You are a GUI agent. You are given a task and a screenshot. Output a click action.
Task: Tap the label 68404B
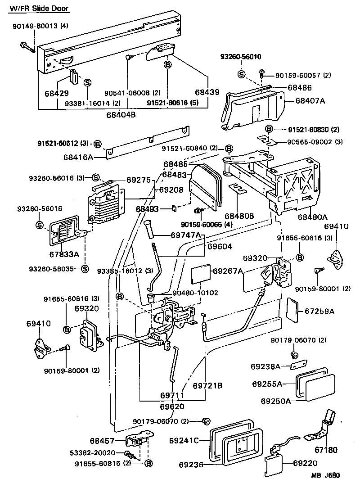121,115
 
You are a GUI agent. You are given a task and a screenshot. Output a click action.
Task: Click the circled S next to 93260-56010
241,74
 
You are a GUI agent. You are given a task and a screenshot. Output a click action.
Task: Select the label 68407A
310,100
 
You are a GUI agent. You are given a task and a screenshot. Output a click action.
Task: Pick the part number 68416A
78,158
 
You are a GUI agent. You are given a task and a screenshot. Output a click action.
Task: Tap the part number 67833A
64,254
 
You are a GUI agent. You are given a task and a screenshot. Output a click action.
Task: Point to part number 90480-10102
197,293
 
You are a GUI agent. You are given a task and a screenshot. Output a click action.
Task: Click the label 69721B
207,386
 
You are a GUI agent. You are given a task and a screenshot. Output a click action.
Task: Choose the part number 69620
172,406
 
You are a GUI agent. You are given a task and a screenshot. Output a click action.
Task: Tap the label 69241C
184,440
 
